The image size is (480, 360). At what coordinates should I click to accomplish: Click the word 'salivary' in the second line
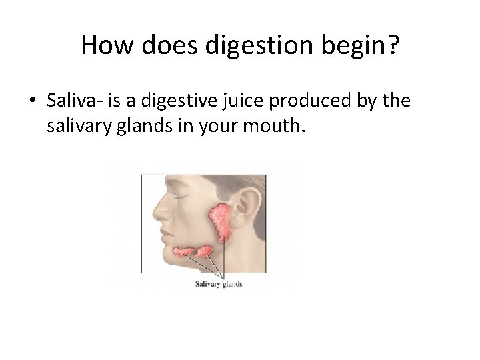coord(76,125)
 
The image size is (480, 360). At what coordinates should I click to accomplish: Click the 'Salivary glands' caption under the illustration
coord(219,284)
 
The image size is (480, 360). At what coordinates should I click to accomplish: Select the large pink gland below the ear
coord(221,220)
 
